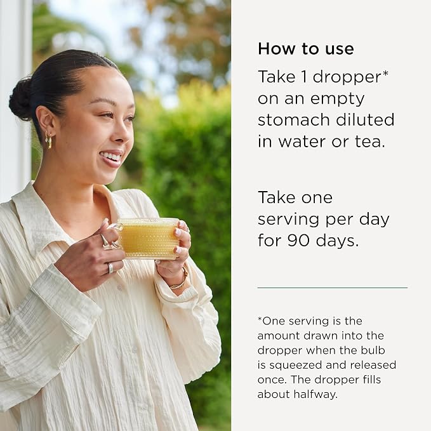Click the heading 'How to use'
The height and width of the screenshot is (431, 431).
click(306, 49)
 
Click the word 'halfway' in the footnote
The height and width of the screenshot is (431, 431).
click(315, 394)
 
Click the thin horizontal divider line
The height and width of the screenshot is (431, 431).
click(333, 288)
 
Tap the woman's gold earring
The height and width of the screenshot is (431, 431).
click(48, 140)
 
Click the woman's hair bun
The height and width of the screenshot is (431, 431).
click(20, 99)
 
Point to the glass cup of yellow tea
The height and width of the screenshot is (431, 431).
click(148, 238)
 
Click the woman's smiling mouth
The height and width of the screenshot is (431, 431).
click(112, 159)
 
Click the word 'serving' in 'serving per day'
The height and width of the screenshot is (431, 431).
click(289, 220)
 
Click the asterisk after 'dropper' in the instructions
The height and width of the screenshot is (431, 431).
click(385, 74)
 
